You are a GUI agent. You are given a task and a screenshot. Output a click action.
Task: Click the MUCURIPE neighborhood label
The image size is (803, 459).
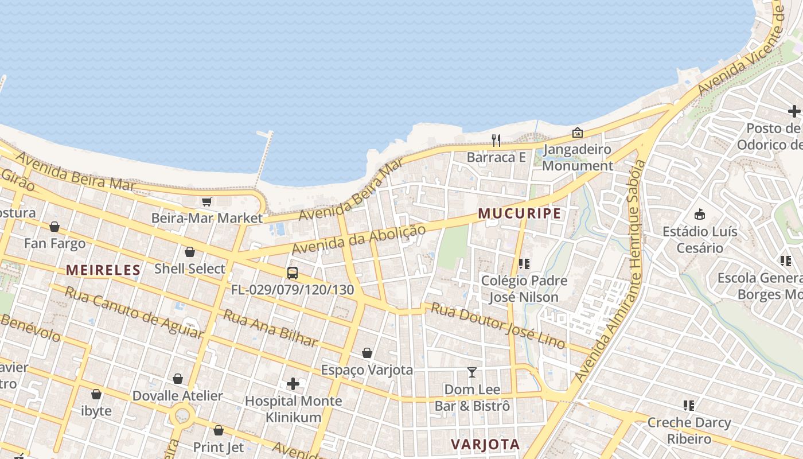tap(520, 213)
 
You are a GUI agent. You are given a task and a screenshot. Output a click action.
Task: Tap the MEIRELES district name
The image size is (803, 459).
tap(103, 270)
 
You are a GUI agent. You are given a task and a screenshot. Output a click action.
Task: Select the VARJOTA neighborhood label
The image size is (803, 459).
tap(485, 444)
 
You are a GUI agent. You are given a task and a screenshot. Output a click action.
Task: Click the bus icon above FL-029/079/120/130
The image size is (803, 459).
tap(293, 273)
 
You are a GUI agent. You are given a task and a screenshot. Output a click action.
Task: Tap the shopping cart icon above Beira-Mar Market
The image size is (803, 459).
tap(207, 201)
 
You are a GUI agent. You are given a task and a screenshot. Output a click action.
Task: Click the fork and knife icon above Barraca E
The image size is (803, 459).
tap(496, 140)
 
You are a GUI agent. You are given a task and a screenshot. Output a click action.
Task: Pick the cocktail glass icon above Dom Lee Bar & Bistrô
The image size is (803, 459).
tap(471, 372)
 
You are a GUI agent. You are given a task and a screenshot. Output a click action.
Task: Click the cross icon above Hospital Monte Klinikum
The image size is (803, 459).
tap(293, 383)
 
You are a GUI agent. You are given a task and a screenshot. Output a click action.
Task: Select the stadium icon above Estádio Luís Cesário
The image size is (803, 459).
tap(699, 215)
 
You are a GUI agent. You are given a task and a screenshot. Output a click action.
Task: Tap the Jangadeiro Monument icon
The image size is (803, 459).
tap(577, 133)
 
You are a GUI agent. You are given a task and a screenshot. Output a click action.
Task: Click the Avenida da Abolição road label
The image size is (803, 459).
tap(358, 240)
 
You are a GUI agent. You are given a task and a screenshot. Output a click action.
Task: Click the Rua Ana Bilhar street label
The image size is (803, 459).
tap(270, 328)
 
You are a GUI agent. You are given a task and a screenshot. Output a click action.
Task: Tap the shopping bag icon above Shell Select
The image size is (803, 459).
tap(190, 252)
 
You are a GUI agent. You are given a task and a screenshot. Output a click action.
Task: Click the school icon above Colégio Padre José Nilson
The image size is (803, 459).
tap(524, 264)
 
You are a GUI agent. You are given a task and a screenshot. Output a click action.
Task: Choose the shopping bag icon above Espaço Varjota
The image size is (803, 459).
tap(367, 353)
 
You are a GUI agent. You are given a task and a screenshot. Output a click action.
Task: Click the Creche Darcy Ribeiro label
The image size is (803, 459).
tap(688, 431)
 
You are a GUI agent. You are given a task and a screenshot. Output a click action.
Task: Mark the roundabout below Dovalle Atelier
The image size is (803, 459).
tap(182, 414)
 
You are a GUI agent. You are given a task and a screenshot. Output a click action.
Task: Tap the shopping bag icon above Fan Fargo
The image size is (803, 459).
tap(54, 227)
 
